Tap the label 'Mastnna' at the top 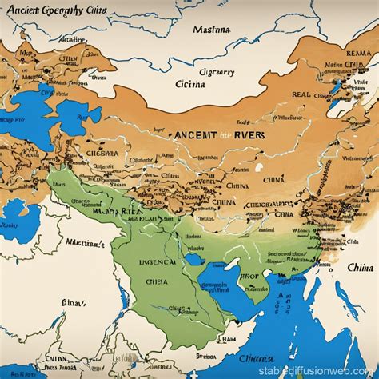(x=211, y=30)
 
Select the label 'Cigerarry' (x=215, y=71)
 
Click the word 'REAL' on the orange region (x=301, y=94)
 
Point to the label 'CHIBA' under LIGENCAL (x=158, y=281)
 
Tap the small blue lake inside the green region (x=194, y=259)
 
